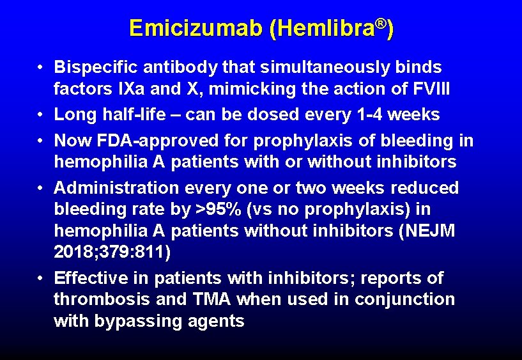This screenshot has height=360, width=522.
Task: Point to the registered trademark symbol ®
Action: [x=381, y=23]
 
